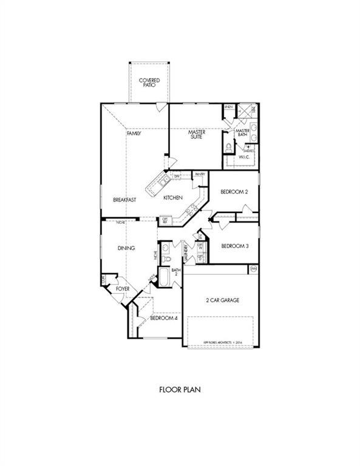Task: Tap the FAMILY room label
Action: pyautogui.click(x=134, y=133)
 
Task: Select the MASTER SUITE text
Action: pyautogui.click(x=196, y=134)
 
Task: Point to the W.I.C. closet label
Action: pyautogui.click(x=244, y=157)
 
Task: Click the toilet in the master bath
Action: pyautogui.click(x=229, y=147)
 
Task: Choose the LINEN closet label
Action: pyautogui.click(x=229, y=107)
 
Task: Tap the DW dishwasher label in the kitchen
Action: pyautogui.click(x=177, y=177)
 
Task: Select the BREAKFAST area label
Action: pyautogui.click(x=124, y=200)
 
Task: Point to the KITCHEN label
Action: pyautogui.click(x=173, y=198)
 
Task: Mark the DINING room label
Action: pyautogui.click(x=126, y=248)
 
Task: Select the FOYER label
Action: pyautogui.click(x=123, y=289)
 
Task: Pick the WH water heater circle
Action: pyautogui.click(x=253, y=268)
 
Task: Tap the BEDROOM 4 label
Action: pyautogui.click(x=163, y=318)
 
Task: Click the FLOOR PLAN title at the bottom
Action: pyautogui.click(x=180, y=389)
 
